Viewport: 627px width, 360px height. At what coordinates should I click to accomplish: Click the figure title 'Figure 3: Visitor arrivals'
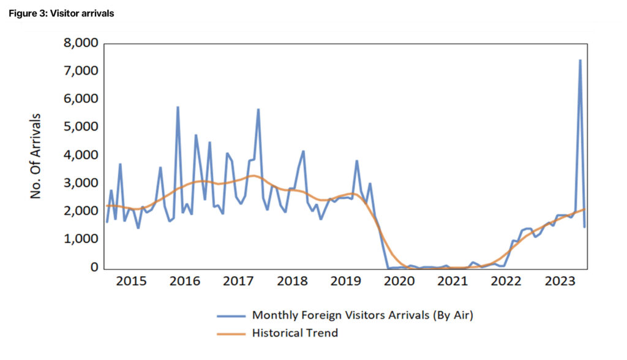(61, 13)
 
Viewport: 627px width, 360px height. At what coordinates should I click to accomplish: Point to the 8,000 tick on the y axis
(81, 44)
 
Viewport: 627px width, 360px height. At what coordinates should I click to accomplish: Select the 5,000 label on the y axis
(81, 127)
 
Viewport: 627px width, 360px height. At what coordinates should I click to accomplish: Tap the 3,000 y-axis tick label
(81, 184)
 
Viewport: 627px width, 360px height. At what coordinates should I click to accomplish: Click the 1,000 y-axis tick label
(81, 239)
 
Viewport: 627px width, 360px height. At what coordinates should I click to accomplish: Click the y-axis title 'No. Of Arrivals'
(37, 156)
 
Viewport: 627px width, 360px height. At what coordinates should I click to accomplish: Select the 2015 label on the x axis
(131, 281)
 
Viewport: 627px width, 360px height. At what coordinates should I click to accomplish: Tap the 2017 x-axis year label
(238, 281)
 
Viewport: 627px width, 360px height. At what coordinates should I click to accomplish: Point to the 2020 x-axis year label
(399, 281)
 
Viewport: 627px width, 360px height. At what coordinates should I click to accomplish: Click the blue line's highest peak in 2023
(580, 61)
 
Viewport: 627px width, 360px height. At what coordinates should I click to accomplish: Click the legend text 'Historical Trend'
(295, 333)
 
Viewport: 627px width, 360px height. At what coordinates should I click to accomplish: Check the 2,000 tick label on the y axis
(81, 211)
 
